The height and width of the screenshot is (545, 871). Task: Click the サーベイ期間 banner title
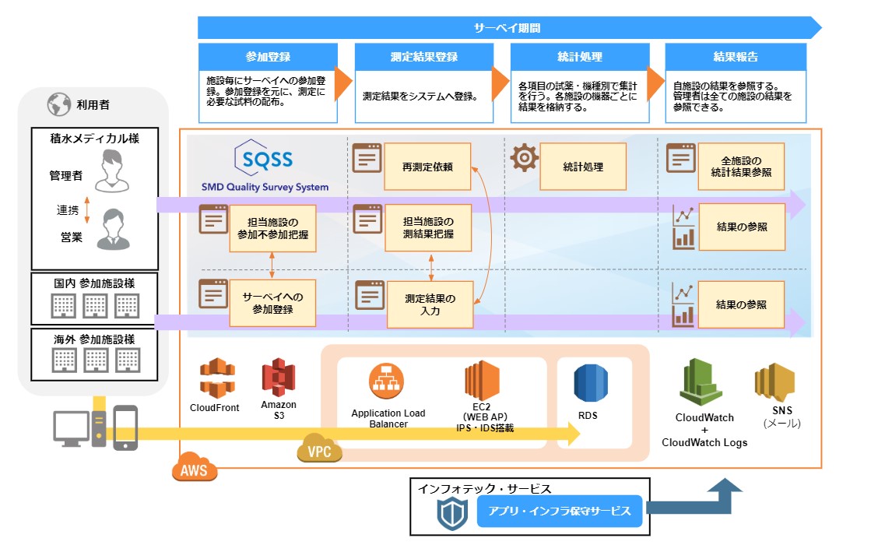507,28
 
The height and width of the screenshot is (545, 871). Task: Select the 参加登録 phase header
268,58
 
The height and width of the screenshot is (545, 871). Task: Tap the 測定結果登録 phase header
424,58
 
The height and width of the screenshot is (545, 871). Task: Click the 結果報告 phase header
736,58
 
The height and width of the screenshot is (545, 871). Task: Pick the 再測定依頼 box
427,167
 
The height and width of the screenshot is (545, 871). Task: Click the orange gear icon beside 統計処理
525,158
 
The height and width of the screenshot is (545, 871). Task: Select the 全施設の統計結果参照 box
741,167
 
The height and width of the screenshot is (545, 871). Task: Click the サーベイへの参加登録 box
272,304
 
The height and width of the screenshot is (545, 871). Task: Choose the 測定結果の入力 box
430,304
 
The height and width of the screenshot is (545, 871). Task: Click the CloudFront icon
216,378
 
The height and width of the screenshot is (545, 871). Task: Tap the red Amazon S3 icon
278,378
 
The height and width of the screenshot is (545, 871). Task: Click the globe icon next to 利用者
58,104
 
